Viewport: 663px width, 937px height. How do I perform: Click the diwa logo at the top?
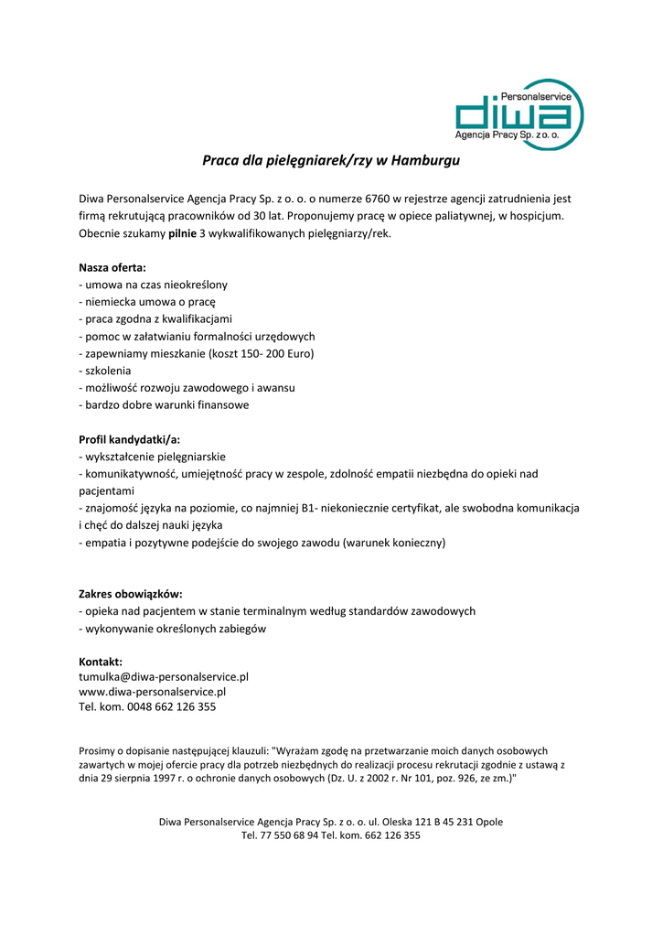(519, 115)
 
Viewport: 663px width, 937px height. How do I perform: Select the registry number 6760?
(379, 199)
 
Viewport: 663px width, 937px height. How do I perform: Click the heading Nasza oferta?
(112, 268)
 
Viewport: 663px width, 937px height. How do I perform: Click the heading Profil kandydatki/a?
(130, 439)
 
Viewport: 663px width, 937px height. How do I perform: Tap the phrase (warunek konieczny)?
(394, 543)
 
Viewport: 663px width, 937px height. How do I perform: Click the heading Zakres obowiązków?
(131, 594)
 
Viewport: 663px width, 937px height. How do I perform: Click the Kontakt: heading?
(101, 662)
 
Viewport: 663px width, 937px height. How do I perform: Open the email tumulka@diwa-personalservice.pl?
(164, 677)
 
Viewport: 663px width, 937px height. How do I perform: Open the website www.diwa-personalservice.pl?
(152, 692)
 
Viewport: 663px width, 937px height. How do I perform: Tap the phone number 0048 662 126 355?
(173, 707)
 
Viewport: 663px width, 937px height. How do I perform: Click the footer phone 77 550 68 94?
(287, 835)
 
